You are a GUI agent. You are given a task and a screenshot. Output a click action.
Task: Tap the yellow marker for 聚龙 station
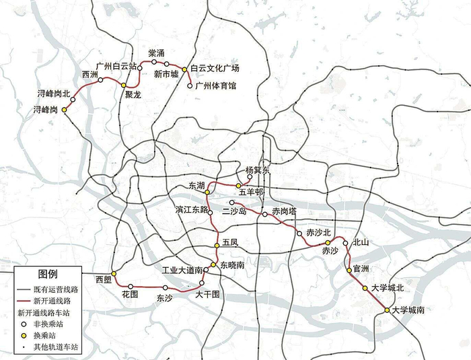123,85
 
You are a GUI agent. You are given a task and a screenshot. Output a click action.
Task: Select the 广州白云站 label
116,66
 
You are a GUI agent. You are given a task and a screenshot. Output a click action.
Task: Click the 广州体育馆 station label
216,85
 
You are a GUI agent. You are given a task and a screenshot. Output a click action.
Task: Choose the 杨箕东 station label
258,170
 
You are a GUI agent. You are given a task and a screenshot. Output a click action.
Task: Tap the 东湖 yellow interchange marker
207,192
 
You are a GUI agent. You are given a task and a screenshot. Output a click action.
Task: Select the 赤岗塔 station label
285,211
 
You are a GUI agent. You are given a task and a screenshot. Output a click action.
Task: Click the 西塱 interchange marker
114,274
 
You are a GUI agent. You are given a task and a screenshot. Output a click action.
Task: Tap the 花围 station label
130,294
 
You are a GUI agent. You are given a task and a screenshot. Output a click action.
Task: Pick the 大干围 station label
208,294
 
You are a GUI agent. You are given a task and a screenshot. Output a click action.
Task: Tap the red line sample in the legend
25,300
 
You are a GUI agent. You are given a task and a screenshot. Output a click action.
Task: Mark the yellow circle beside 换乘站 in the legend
25,335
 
